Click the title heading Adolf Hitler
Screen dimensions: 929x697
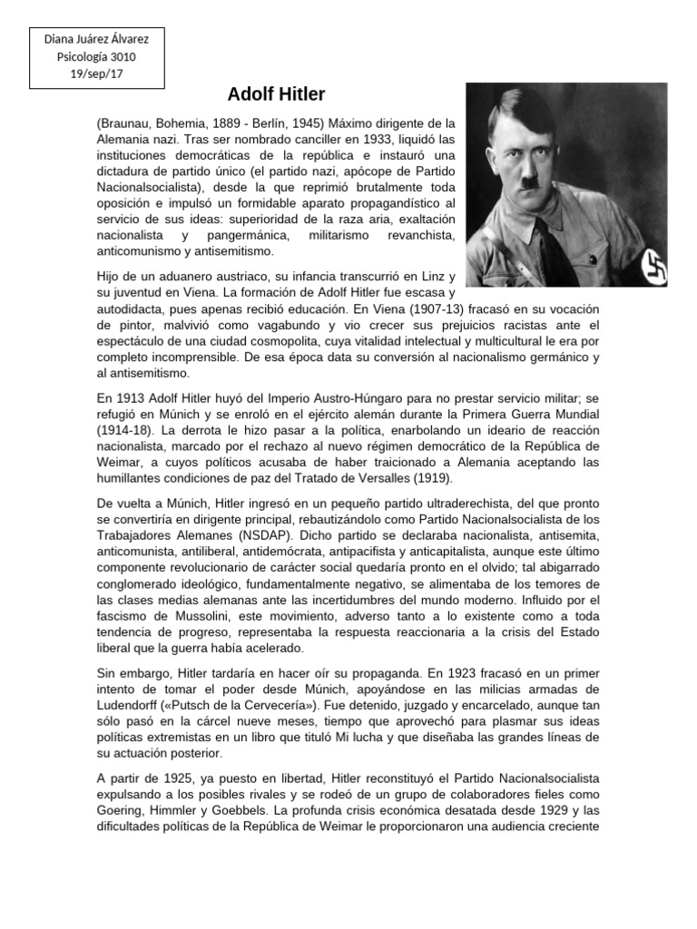coord(276,95)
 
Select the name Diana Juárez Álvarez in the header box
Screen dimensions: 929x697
coord(96,40)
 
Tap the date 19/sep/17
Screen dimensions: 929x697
coord(96,73)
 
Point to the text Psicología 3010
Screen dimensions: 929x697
coord(96,56)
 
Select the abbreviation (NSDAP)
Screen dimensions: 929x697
coord(262,534)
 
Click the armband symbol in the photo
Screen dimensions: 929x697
coord(653,266)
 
